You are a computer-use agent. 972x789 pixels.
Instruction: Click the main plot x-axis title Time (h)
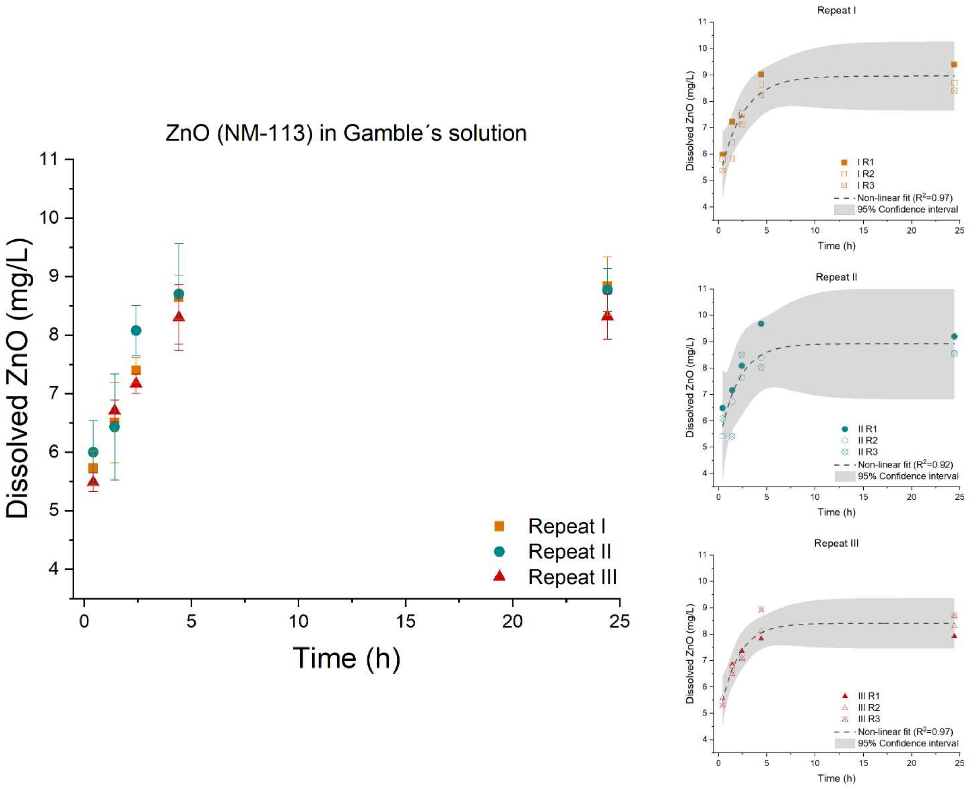click(347, 658)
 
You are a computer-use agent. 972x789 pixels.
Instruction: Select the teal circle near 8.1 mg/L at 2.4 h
click(136, 330)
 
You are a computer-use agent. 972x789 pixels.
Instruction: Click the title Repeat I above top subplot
click(836, 10)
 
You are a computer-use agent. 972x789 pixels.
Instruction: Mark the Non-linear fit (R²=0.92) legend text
click(905, 464)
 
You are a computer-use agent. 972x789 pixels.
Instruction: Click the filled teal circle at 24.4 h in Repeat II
click(954, 336)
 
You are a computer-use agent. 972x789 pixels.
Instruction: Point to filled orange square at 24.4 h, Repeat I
click(954, 64)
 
